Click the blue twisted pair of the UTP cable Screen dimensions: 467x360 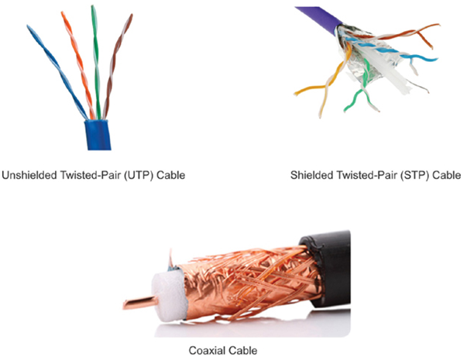(x=57, y=71)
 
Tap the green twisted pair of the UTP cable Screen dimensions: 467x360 (x=95, y=63)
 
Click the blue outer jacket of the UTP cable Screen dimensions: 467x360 (x=98, y=135)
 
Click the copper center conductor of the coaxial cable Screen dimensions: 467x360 (x=140, y=303)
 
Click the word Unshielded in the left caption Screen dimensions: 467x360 (x=29, y=175)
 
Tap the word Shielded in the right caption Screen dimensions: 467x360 (x=311, y=175)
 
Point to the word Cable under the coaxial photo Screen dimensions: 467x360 (x=242, y=350)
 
